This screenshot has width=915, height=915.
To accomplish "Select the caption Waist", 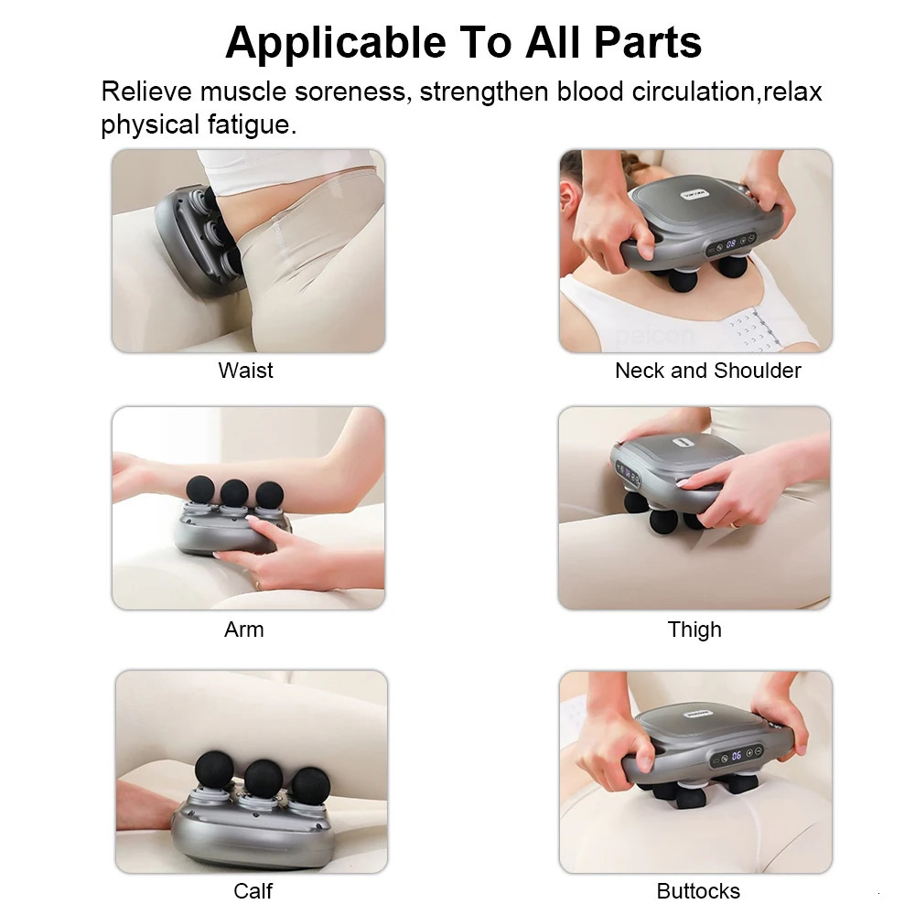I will click(x=245, y=371).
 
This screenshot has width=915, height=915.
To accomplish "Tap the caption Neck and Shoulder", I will click(x=707, y=371).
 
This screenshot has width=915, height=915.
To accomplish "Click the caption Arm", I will click(x=244, y=630).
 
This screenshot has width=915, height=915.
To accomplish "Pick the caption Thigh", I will click(x=694, y=630).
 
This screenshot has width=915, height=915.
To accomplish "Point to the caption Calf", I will click(x=253, y=890).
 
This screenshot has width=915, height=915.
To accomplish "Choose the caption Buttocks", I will click(x=698, y=890).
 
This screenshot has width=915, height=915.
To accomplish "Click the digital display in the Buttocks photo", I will click(x=736, y=756).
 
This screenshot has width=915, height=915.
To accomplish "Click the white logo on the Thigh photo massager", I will click(x=679, y=441).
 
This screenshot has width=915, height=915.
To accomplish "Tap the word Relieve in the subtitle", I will click(x=146, y=92).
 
